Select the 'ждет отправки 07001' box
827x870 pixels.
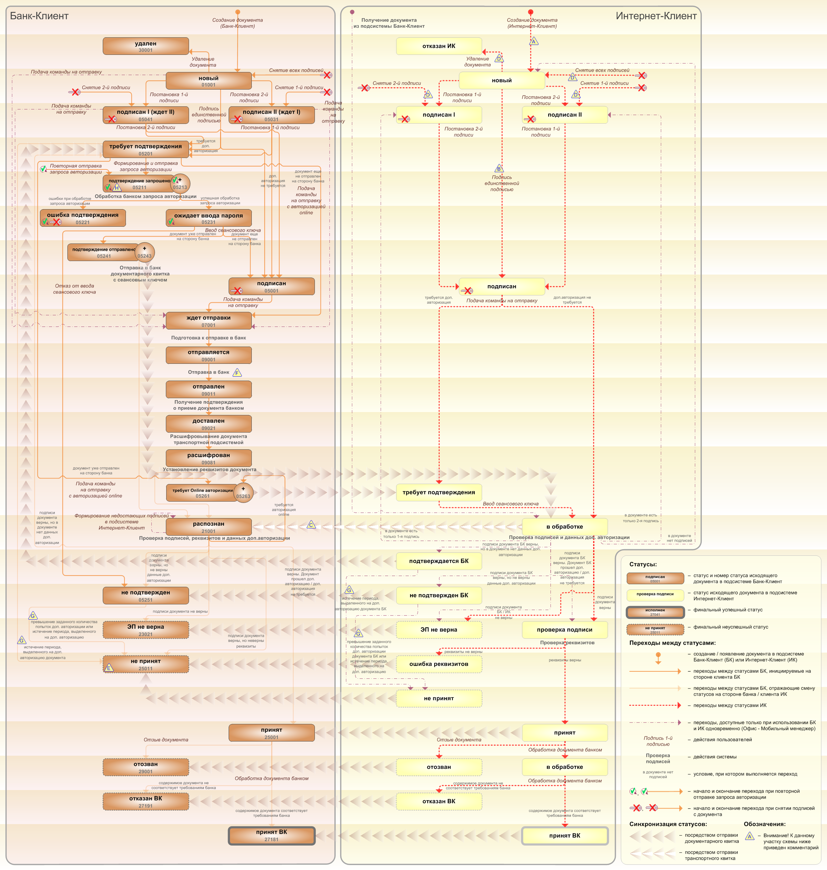click(208, 321)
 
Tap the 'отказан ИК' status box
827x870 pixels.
click(439, 46)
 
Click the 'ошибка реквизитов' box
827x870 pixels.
click(439, 664)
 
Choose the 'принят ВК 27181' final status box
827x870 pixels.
click(272, 836)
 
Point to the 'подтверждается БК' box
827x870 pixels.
click(439, 561)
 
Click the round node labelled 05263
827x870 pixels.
click(243, 493)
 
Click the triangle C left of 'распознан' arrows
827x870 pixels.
click(311, 525)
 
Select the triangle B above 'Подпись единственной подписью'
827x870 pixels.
click(499, 169)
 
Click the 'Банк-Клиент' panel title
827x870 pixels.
click(39, 16)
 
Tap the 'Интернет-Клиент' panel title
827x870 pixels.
click(656, 16)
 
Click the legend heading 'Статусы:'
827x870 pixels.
click(643, 564)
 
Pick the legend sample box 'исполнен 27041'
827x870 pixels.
click(655, 612)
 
